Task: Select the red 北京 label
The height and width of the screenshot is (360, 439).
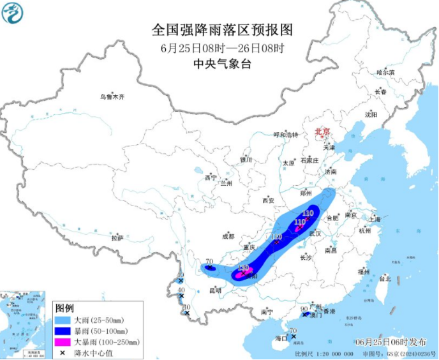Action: click(322, 132)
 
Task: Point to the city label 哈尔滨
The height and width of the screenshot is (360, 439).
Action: click(385, 73)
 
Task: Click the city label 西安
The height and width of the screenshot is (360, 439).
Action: click(267, 200)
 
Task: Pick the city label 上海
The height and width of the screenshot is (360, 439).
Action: click(375, 220)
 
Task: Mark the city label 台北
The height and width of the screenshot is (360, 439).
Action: click(385, 279)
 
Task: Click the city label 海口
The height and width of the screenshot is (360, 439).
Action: click(280, 337)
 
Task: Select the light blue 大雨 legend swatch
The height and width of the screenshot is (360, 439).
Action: click(63, 320)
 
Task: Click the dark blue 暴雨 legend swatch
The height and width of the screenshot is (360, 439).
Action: click(63, 331)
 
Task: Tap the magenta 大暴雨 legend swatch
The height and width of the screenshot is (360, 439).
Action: click(63, 341)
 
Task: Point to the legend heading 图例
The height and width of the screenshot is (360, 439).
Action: click(64, 308)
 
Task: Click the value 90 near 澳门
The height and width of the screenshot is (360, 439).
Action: click(304, 308)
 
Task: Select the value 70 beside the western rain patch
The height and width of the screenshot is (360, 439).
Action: click(208, 262)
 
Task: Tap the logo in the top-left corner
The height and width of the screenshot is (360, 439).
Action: click(13, 12)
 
